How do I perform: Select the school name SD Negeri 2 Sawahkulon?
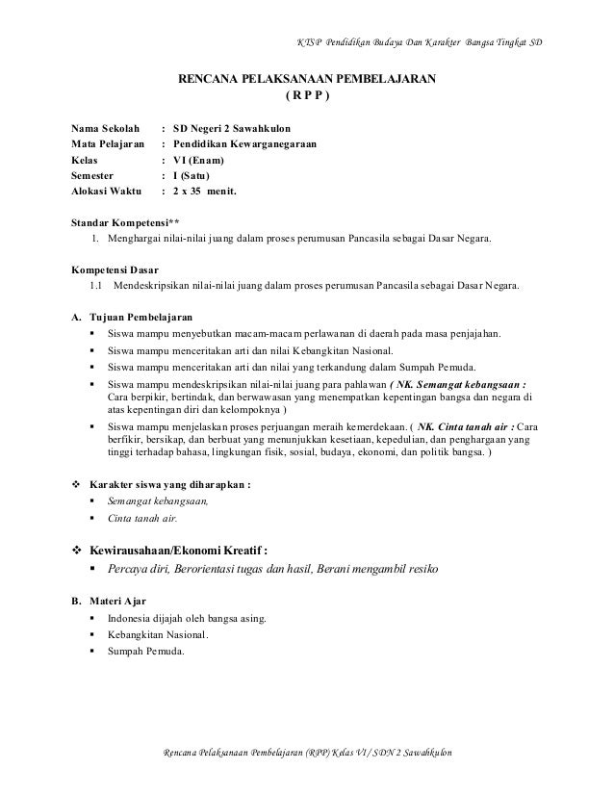pos(227,128)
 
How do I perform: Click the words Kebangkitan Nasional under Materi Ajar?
pos(164,635)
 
